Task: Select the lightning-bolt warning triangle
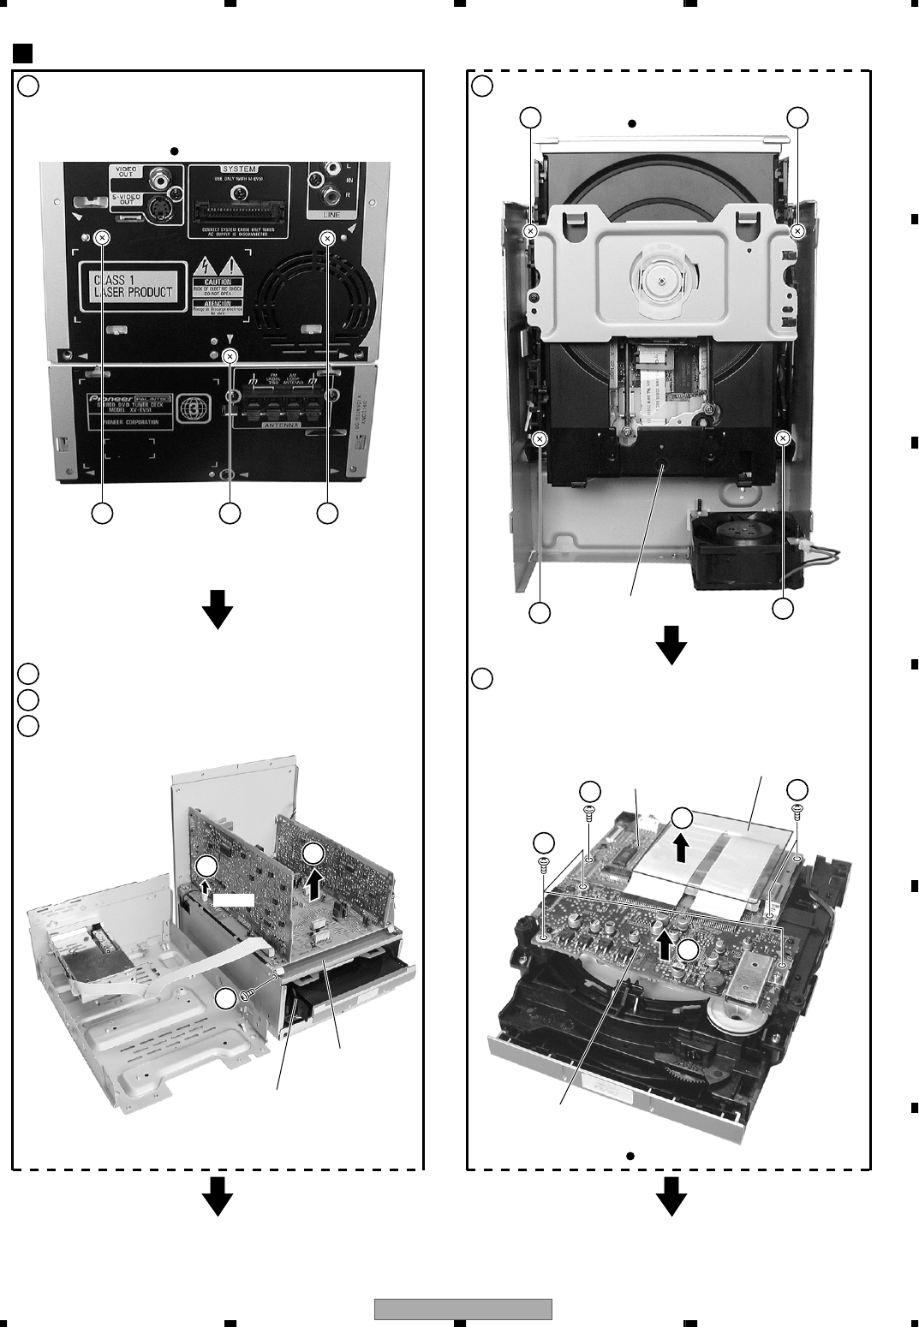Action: pyautogui.click(x=204, y=265)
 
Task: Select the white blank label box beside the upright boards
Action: pyautogui.click(x=234, y=900)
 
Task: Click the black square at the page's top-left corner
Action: pyautogui.click(x=23, y=53)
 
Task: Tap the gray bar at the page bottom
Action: pyautogui.click(x=462, y=1309)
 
